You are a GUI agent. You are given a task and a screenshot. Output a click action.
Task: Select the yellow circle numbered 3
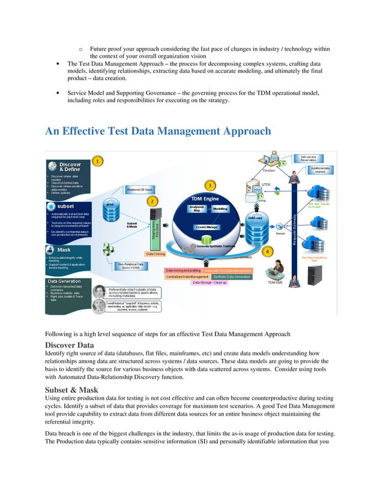point(210,184)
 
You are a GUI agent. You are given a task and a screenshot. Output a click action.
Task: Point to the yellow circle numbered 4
point(267,250)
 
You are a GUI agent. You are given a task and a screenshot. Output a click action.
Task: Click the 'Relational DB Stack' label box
point(139,189)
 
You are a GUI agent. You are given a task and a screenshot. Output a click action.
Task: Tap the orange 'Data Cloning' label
point(156,254)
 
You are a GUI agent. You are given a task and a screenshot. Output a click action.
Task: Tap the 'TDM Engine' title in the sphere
point(205,198)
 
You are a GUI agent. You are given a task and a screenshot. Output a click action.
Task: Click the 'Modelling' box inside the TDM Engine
point(220,209)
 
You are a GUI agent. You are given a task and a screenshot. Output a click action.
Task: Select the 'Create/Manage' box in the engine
point(206,227)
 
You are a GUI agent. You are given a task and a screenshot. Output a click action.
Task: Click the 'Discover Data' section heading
point(70,345)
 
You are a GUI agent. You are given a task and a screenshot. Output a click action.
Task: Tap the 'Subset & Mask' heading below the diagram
point(72,389)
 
